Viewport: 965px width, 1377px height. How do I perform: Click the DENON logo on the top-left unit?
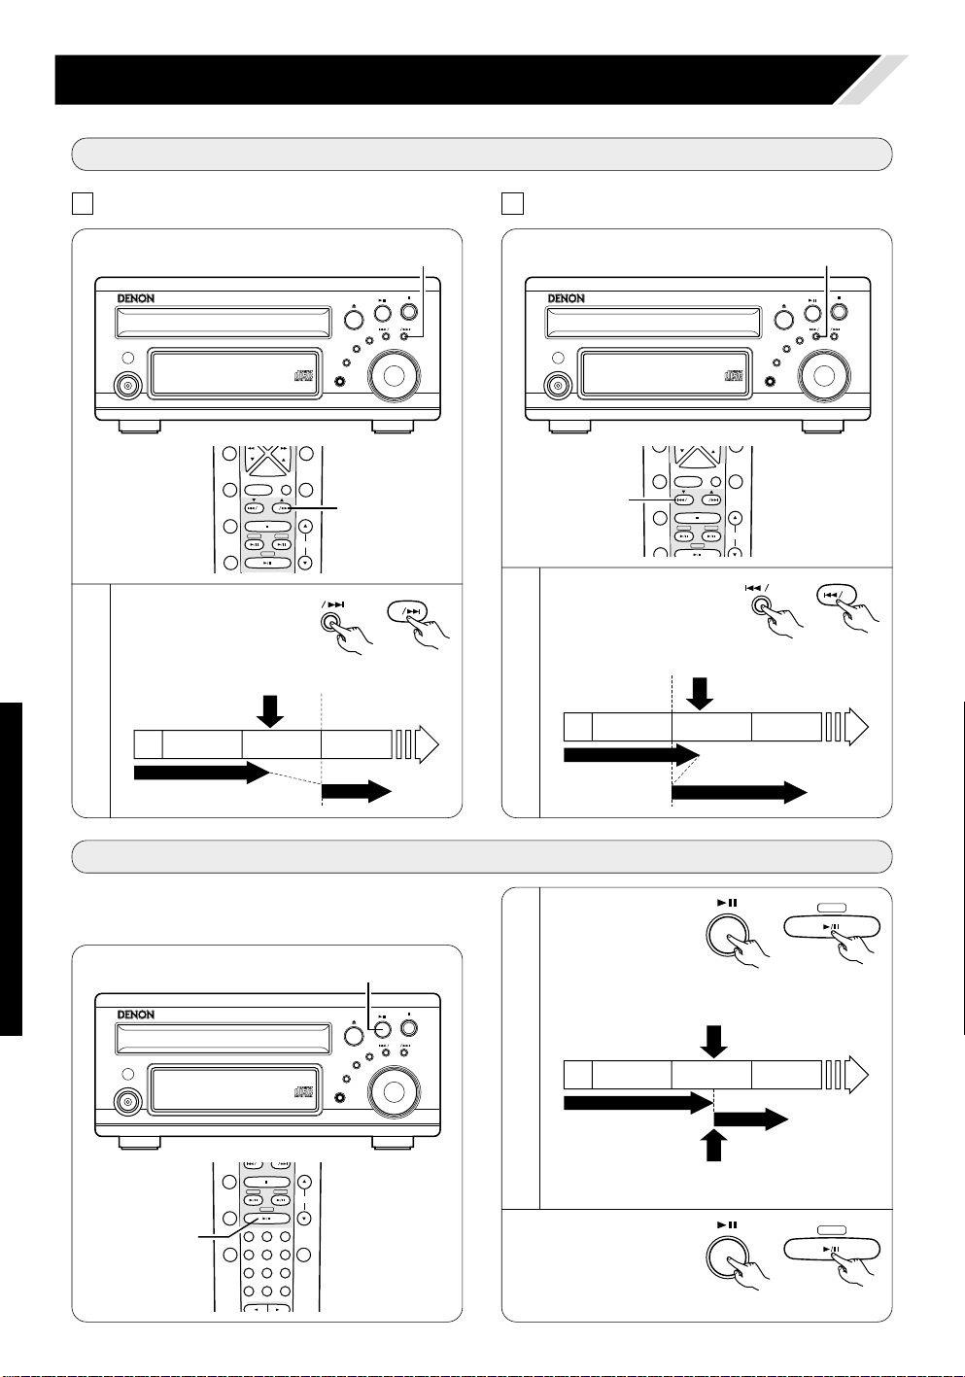[136, 298]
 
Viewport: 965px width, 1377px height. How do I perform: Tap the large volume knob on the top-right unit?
[824, 375]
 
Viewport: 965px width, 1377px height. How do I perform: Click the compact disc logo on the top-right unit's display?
[734, 375]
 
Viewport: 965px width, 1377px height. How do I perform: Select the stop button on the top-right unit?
[839, 311]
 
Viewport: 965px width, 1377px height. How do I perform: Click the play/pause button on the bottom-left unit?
[383, 1028]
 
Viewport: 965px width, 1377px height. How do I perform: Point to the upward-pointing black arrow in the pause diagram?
[713, 1146]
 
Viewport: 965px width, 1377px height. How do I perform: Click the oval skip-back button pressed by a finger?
[837, 595]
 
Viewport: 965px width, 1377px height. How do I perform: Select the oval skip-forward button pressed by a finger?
[407, 611]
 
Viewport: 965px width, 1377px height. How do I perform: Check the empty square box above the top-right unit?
[512, 203]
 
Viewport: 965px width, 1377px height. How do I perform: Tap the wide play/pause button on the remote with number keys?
[266, 1218]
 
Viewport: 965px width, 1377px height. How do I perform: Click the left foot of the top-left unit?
[140, 427]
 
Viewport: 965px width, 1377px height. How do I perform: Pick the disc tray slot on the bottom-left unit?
[224, 1038]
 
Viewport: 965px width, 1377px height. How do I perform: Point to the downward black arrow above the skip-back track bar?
[700, 694]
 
